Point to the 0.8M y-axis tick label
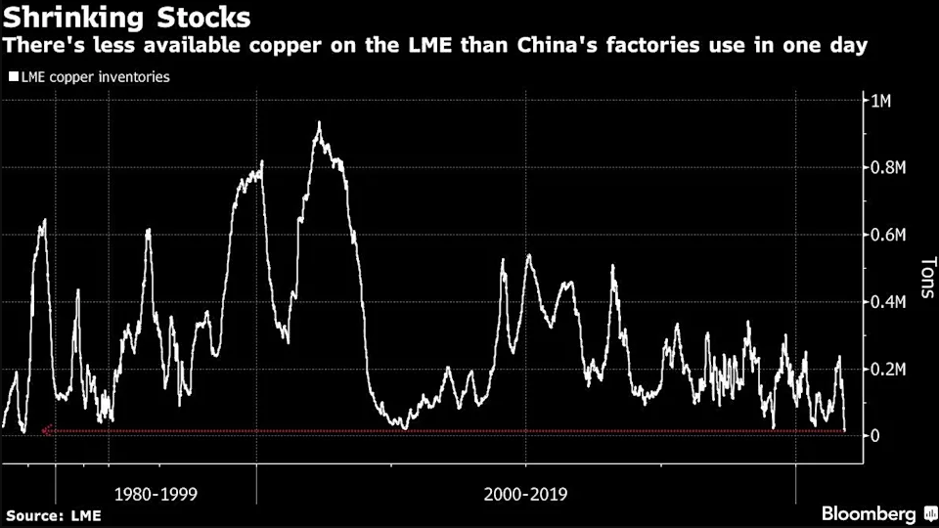888,168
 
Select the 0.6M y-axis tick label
888,235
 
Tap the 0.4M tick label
888,302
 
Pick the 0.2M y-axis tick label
888,369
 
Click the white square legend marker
13,76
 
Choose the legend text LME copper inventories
95,76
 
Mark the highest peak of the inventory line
319,123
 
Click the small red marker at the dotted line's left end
45,430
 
